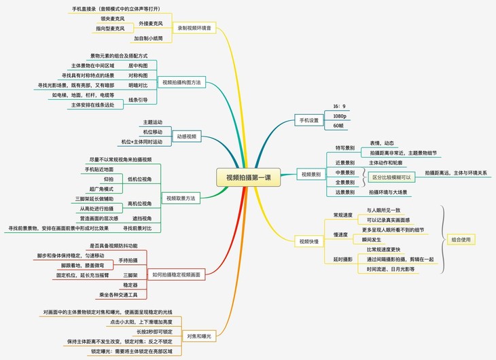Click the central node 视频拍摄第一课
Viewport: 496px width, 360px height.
point(249,179)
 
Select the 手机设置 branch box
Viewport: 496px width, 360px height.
point(309,121)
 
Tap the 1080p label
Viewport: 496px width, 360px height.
point(340,116)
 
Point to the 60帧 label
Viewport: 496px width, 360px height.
point(339,126)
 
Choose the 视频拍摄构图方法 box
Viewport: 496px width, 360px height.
point(181,82)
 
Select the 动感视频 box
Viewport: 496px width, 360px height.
point(186,137)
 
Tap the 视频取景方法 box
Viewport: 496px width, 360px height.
point(181,198)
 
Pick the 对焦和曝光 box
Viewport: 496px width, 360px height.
point(199,336)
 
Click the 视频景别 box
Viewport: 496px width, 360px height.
point(311,174)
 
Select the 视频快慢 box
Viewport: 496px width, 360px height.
point(309,240)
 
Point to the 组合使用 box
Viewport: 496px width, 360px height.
point(464,240)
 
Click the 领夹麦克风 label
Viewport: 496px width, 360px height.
point(112,18)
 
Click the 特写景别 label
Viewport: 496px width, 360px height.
point(345,147)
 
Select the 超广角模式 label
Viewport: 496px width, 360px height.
point(102,188)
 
